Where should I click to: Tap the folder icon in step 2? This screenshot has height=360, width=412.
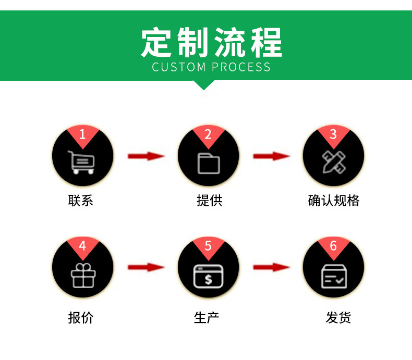click(208, 163)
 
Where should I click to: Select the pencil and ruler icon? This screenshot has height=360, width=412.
click(333, 162)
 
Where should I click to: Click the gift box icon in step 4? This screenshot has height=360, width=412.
click(83, 275)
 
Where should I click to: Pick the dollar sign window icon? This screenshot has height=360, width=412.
click(208, 276)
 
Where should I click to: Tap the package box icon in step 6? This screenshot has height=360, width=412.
click(333, 276)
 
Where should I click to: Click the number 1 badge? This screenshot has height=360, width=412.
click(82, 134)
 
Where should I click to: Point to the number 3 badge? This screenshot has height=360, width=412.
click(333, 134)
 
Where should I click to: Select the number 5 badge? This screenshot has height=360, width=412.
click(208, 245)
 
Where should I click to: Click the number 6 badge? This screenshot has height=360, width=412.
click(333, 245)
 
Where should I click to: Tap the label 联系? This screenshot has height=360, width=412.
click(81, 201)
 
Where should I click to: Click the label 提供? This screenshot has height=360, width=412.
click(209, 201)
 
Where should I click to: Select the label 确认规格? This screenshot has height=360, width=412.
click(334, 201)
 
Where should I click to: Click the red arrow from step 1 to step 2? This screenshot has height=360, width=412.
click(146, 156)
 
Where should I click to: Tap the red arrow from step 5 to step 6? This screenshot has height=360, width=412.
click(271, 267)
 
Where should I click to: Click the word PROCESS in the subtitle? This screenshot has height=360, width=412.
click(241, 67)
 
